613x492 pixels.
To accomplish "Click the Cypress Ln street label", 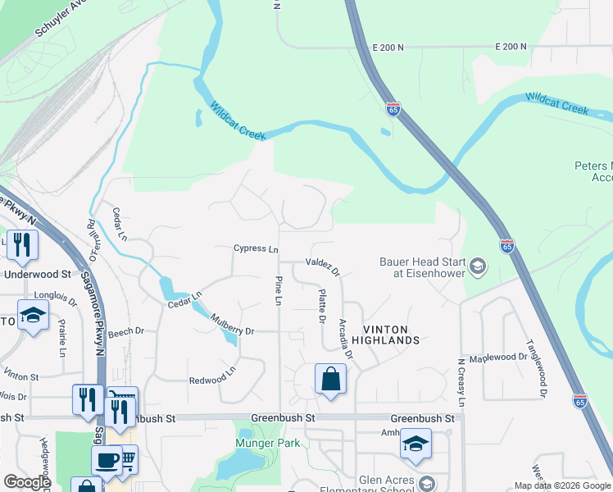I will point(256,248).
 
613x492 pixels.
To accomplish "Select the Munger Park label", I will point(268,444).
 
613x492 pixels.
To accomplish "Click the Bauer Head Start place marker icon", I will point(478,266).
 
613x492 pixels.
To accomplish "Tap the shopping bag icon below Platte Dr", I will point(330,379).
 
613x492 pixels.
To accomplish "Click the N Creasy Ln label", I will point(461,382).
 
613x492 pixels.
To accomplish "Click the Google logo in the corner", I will point(27,482).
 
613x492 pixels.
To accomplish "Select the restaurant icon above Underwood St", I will point(22,244).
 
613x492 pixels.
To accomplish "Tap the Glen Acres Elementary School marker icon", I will point(426,483).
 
